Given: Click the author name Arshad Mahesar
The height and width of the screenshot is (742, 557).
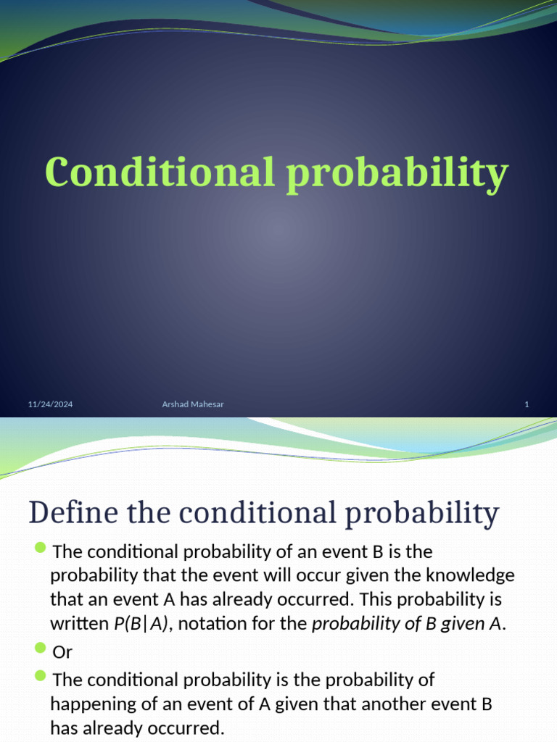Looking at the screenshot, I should coord(193,404).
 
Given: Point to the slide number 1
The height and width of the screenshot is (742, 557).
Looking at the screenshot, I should coord(527,404).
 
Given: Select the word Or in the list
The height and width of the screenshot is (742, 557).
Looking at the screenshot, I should coord(63,652).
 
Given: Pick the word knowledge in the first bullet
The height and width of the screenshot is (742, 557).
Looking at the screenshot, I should coord(472,575).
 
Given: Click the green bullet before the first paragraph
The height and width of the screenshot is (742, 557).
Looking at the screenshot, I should coord(40,546).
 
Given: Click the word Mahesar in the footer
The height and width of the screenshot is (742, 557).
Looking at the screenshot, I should coord(208,404).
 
